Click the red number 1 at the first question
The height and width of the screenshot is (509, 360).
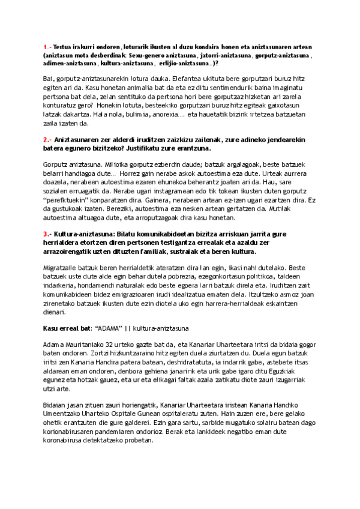[44, 46]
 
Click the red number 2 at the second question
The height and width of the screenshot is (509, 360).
[45, 140]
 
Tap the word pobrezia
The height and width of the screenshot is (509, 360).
[155, 273]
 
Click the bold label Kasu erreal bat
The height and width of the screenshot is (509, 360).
[66, 328]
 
